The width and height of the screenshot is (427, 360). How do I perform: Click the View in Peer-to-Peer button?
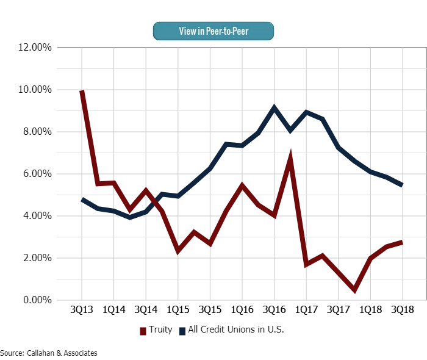tap(213, 31)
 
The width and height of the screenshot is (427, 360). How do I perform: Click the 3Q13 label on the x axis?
tap(82, 310)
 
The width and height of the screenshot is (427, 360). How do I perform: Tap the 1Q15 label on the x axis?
tap(178, 310)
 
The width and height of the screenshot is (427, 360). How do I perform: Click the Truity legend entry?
tap(156, 330)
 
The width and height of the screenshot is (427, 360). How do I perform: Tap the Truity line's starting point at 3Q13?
tap(82, 92)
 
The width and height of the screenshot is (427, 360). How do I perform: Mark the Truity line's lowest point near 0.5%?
tap(354, 290)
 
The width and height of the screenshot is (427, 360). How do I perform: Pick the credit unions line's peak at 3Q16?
tap(274, 108)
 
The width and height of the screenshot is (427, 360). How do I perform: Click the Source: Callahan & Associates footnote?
tap(49, 353)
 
